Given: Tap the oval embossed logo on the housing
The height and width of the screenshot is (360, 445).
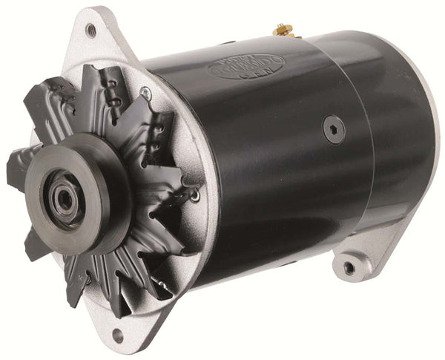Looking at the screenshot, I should [x=245, y=68].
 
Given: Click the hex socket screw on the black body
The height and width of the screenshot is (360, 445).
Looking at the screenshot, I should [x=334, y=131].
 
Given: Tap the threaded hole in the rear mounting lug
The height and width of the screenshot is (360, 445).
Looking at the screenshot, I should [x=349, y=266].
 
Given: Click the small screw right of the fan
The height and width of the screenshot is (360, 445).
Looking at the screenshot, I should [x=194, y=196].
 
